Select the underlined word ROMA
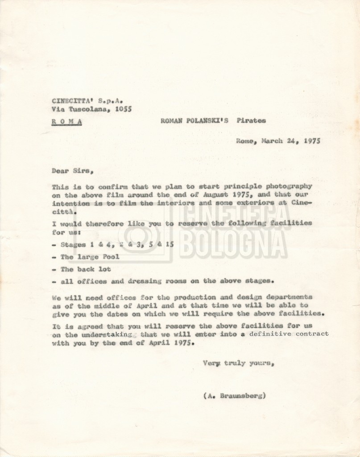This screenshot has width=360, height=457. (66, 121)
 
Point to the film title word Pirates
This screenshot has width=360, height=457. (251, 120)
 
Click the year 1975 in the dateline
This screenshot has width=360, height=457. (311, 141)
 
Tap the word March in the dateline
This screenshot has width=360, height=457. (275, 141)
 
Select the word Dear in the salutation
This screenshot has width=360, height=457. (60, 170)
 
